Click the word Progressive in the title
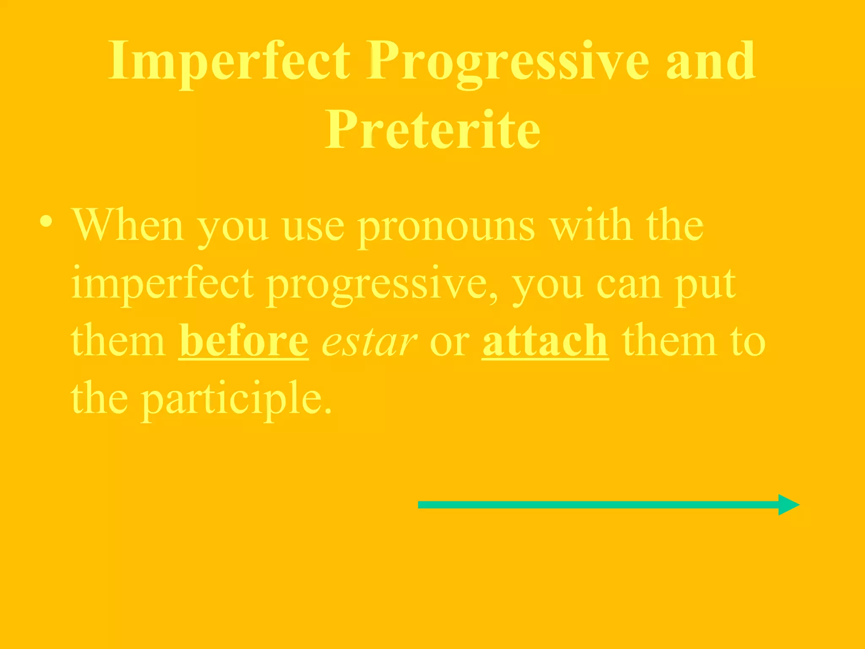tap(507, 62)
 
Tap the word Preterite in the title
tap(432, 129)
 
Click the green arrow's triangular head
tap(787, 505)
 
